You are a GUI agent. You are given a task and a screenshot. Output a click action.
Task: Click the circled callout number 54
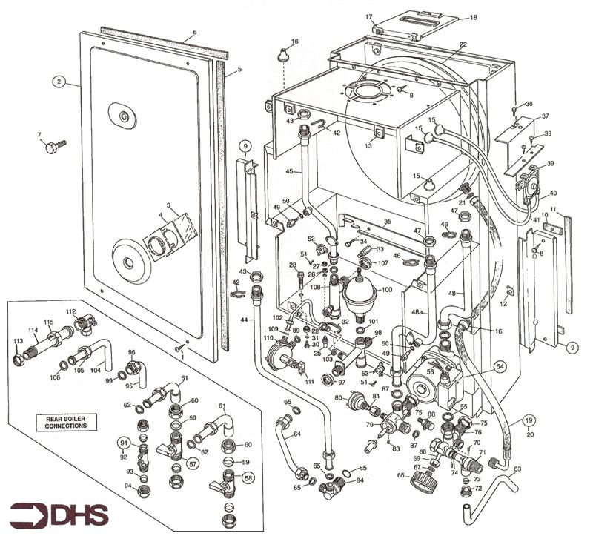point(500,366)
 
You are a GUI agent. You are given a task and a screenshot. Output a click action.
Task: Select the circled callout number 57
point(193,464)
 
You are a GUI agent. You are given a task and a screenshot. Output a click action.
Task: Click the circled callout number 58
point(248,479)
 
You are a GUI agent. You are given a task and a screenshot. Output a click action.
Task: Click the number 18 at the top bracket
point(474,18)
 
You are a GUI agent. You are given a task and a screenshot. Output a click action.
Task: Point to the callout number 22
point(463,45)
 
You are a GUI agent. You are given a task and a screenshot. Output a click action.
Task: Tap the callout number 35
point(386,222)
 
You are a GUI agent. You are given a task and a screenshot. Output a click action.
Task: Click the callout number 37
point(544,116)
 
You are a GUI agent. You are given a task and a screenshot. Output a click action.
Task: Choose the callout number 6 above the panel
point(194,32)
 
